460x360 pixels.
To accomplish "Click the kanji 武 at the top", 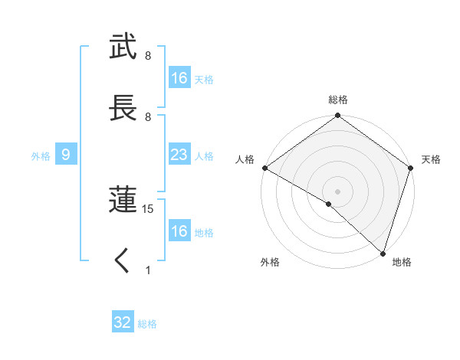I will click(123, 47).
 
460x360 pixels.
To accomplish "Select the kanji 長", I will click(123, 108).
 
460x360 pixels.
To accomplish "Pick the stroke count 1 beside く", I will click(148, 270).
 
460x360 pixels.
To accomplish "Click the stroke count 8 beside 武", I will click(148, 56).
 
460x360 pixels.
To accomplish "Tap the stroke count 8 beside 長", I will click(148, 117).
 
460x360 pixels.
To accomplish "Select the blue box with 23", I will click(179, 155).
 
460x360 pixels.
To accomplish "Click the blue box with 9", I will click(66, 155).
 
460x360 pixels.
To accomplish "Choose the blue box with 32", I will click(123, 322).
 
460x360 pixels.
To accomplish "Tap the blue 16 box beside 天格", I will click(179, 78).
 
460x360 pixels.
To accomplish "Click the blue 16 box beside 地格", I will click(179, 231).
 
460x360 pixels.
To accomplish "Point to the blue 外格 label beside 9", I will click(41, 156).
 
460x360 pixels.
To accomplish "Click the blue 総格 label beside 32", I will click(147, 324).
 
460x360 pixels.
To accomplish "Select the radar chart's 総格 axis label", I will click(337, 100).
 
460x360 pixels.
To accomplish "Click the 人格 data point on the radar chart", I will click(264, 168).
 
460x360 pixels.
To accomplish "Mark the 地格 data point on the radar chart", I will click(383, 253).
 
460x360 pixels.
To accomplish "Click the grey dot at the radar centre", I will click(337, 191).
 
